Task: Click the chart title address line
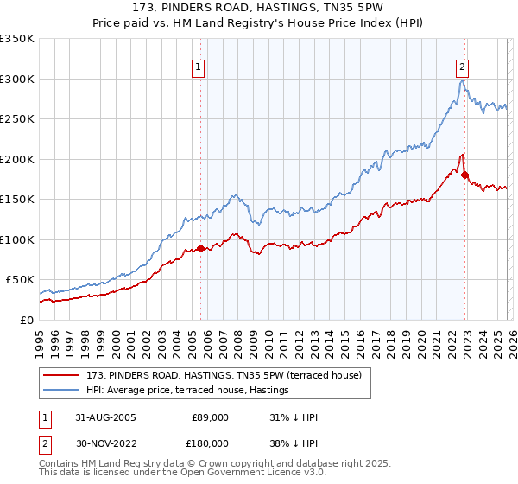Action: (259, 8)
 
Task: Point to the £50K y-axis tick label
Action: (19, 280)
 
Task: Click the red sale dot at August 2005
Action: (201, 249)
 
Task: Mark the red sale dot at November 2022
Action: (465, 175)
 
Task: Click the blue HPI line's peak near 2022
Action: (463, 80)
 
